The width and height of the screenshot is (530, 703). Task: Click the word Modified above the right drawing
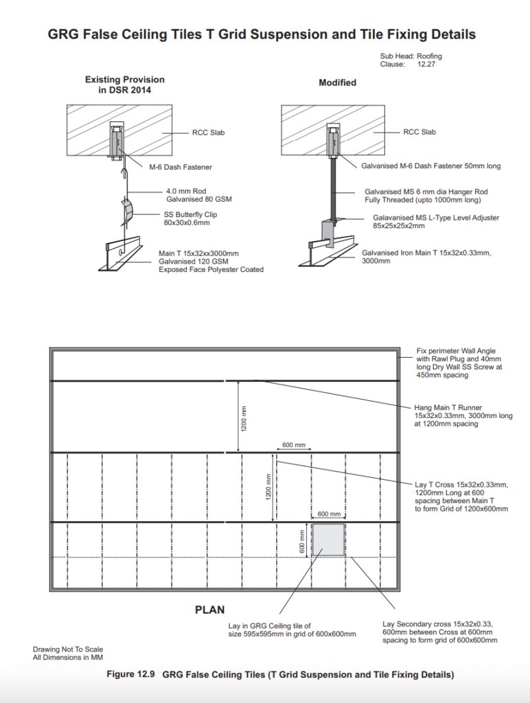tap(337, 82)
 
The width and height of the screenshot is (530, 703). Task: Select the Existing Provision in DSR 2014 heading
tap(124, 85)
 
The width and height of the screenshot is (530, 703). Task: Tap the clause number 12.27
tap(426, 64)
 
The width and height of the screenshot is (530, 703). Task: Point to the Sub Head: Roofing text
tap(411, 56)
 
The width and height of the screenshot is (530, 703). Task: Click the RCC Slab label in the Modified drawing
tap(419, 132)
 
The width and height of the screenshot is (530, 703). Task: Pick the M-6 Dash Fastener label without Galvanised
tap(181, 167)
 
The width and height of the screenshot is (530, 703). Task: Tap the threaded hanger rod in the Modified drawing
tap(333, 189)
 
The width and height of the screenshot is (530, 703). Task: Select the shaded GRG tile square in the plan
tap(328, 539)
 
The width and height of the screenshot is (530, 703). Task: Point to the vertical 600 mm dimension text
tap(301, 539)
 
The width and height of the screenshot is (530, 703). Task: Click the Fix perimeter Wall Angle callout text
tap(459, 363)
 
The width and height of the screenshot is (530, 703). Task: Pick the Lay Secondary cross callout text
tap(439, 632)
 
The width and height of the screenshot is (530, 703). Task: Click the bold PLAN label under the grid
tap(210, 609)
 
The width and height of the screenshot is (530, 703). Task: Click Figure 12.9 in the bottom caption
tap(130, 675)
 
